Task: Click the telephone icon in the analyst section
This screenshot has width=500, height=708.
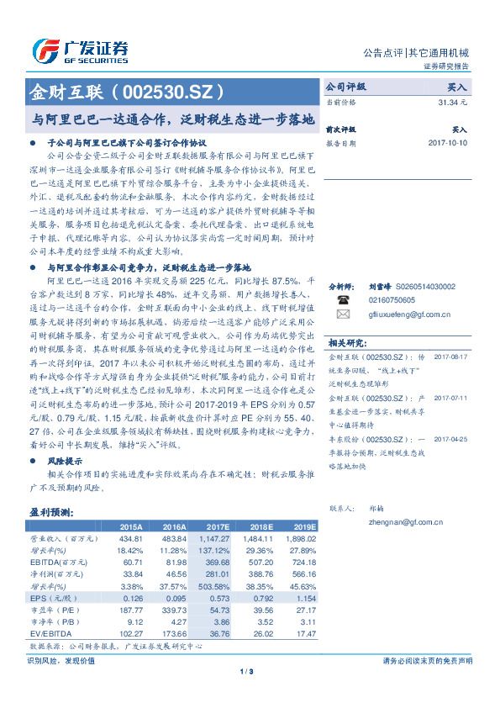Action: coord(342,299)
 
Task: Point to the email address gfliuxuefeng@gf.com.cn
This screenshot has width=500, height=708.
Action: coord(409,314)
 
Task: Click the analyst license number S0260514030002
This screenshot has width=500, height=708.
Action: coord(418,287)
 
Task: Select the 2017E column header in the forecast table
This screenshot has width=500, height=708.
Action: coord(217,526)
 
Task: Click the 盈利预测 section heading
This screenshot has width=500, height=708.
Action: coord(51,511)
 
